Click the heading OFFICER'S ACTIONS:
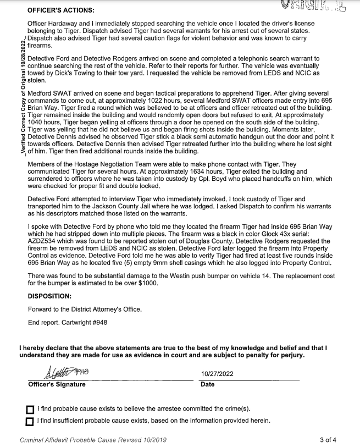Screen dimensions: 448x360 [x=60, y=10]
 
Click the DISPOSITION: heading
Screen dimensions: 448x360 [x=52, y=295]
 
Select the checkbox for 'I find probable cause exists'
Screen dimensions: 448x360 [x=30, y=410]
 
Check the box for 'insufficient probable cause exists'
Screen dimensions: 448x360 [x=30, y=422]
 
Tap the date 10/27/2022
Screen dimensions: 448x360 [x=218, y=374]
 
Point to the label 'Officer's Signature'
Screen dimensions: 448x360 [x=57, y=384]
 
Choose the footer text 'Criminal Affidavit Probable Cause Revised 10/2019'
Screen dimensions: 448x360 [x=93, y=440]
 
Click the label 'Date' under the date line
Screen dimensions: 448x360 [x=208, y=384]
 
